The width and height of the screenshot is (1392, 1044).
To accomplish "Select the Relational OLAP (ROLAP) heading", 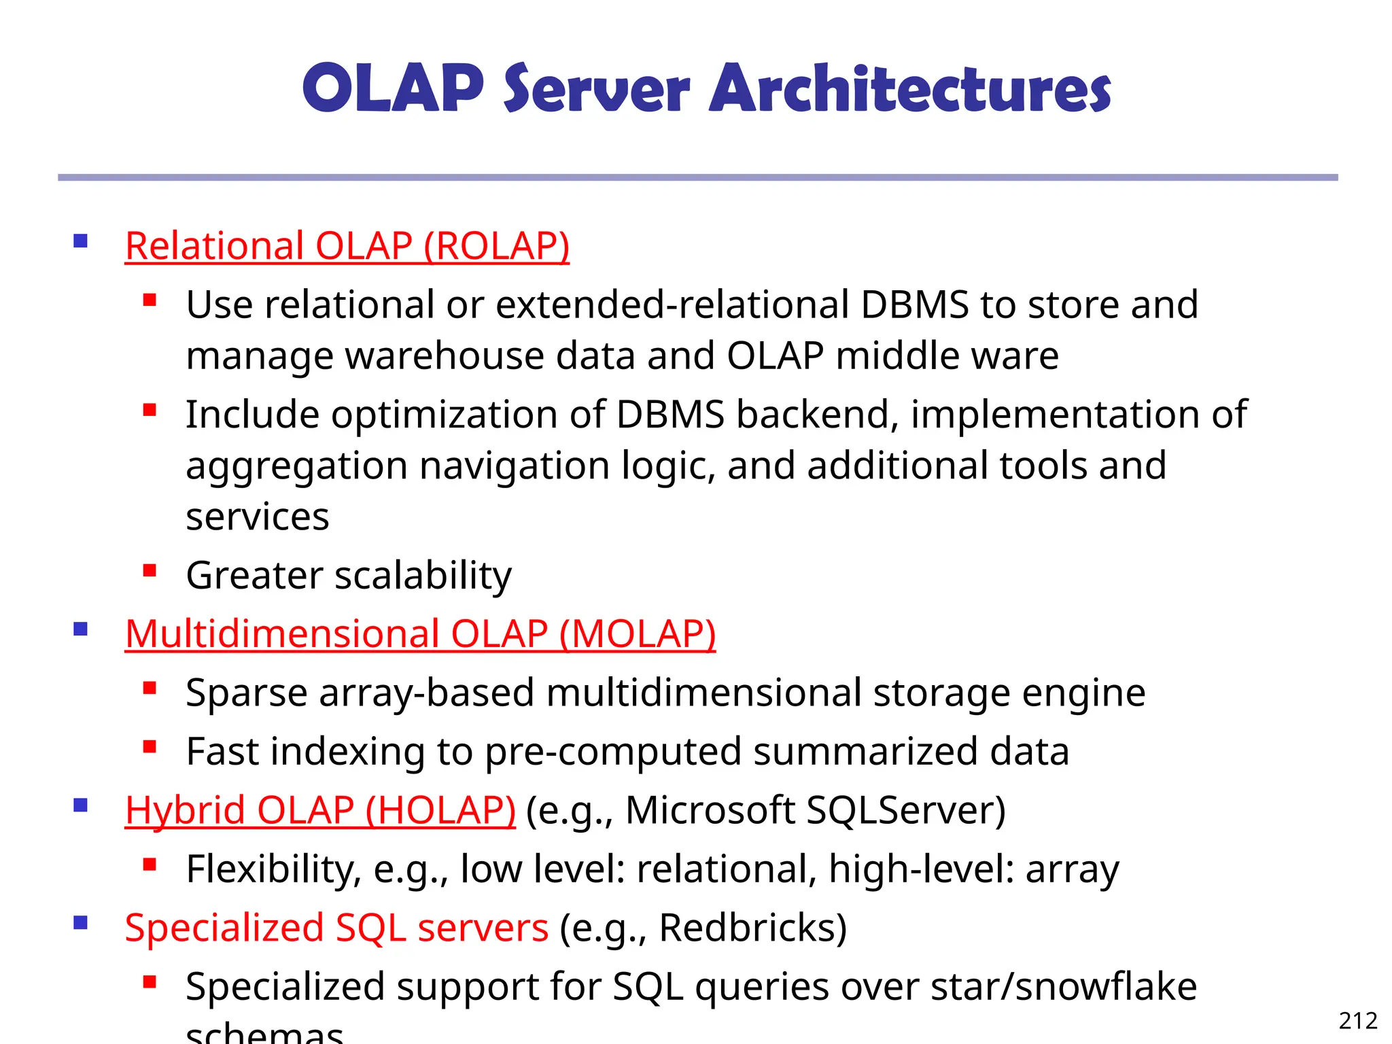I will point(347,246).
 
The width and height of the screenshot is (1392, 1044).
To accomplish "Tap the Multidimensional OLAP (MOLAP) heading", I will point(420,634).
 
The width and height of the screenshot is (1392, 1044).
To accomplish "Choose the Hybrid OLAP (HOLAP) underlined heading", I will point(320,810).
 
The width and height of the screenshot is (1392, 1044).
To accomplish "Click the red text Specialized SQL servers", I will point(336,928).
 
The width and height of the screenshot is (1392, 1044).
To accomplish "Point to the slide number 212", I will point(1357,1021).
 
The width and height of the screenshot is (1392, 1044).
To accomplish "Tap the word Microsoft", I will point(710,810).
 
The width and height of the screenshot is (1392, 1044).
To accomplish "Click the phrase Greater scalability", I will point(349,576).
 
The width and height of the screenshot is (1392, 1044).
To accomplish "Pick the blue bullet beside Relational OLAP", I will point(81,241).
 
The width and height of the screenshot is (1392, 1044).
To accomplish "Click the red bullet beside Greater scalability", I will point(150,570).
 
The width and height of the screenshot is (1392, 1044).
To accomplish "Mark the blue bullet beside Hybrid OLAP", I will point(81,806).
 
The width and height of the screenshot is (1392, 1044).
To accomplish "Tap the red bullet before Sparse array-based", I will point(150,688).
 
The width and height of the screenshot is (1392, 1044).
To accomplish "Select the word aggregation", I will point(296,467).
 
